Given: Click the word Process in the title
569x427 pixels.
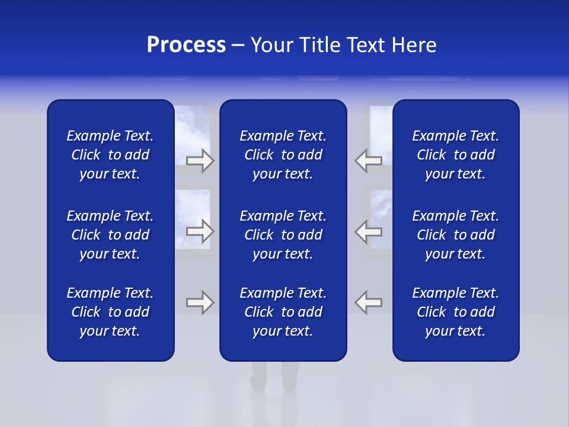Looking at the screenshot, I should (x=186, y=45).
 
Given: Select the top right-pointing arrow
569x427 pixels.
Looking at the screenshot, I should (x=200, y=161).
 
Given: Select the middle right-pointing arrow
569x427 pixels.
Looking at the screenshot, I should (x=200, y=231).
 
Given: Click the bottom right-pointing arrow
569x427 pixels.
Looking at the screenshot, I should (x=200, y=302).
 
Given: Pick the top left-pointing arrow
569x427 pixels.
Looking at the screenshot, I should (x=368, y=161).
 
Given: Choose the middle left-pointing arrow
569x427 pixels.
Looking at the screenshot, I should (x=368, y=231).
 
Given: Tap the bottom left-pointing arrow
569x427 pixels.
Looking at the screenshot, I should (x=368, y=302).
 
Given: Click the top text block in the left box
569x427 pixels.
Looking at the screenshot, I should (x=110, y=155).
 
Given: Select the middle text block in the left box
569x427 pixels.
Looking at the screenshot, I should (x=110, y=235).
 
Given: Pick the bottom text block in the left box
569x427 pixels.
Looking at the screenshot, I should (x=110, y=312).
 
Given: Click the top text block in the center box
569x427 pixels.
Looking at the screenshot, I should (x=283, y=155).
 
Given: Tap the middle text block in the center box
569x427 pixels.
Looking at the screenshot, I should (x=283, y=235).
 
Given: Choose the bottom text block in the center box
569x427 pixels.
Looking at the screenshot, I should (x=283, y=312).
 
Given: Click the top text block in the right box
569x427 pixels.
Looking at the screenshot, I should (x=456, y=155).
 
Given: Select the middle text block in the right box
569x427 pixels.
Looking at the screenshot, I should (x=456, y=235).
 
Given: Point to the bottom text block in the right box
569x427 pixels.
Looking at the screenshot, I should (x=456, y=312).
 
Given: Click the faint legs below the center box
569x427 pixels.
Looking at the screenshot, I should (x=274, y=377).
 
